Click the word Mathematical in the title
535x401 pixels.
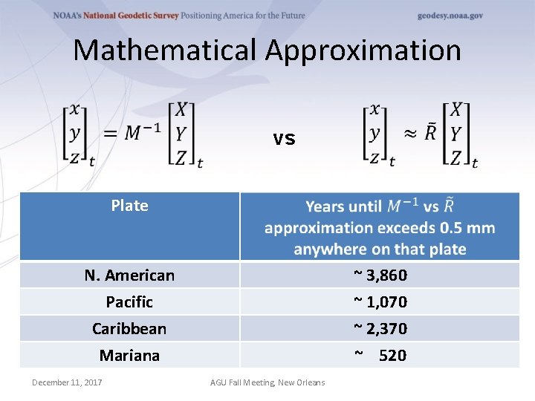pyautogui.click(x=165, y=50)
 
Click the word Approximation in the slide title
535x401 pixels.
pyautogui.click(x=363, y=50)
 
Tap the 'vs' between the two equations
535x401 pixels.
pyautogui.click(x=284, y=139)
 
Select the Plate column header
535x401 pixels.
pyautogui.click(x=129, y=206)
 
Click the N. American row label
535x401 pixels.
pyautogui.click(x=129, y=276)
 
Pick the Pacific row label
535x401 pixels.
pyautogui.click(x=129, y=302)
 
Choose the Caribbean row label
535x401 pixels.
pyautogui.click(x=129, y=328)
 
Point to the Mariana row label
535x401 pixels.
pyautogui.click(x=129, y=356)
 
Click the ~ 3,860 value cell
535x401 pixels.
pyautogui.click(x=380, y=276)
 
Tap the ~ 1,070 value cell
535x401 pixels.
pyautogui.click(x=380, y=302)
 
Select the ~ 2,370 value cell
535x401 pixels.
pyautogui.click(x=380, y=328)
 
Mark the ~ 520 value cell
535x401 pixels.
pyautogui.click(x=380, y=356)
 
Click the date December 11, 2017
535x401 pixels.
pyautogui.click(x=67, y=382)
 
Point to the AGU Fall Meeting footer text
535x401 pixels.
pyautogui.click(x=267, y=382)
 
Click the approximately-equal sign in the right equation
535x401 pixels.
pyautogui.click(x=409, y=134)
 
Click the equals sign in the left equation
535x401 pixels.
pyautogui.click(x=111, y=134)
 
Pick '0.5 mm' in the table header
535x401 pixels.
pyautogui.click(x=466, y=228)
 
